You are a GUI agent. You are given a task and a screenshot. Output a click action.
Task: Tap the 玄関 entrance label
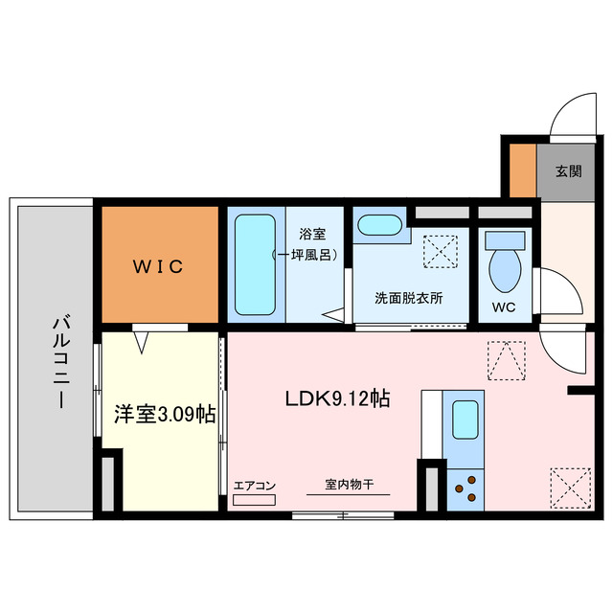[x=568, y=172]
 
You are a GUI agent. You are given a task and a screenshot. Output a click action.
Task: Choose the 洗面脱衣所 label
[x=409, y=298]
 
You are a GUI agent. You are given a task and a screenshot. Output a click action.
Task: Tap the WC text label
[x=505, y=308]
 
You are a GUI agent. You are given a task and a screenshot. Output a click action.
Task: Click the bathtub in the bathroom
[x=256, y=265]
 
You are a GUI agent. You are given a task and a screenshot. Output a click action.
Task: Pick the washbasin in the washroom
[x=379, y=227]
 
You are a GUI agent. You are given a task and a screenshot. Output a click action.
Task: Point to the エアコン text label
[x=255, y=486]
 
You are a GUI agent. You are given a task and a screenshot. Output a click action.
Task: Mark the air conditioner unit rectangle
[x=254, y=500]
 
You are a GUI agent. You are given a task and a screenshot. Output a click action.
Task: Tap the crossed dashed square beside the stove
[x=571, y=486]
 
